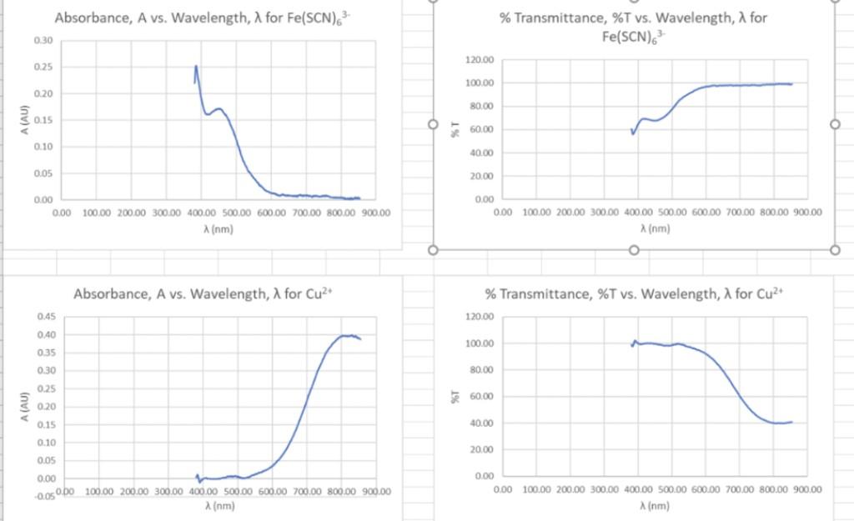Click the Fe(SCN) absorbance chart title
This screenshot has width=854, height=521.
(202, 18)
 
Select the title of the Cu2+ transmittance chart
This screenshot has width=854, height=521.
(635, 294)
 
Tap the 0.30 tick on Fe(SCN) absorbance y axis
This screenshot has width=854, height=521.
(43, 41)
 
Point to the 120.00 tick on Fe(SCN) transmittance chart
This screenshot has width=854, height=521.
(481, 60)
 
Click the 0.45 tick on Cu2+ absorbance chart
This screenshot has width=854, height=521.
(45, 317)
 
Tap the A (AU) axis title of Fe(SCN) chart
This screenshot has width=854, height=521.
(25, 119)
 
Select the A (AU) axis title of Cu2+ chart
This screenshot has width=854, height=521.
(25, 406)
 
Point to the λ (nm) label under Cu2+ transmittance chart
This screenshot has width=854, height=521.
(655, 506)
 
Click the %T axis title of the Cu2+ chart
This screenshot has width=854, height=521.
(455, 397)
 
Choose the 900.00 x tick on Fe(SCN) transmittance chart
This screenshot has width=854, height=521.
(806, 213)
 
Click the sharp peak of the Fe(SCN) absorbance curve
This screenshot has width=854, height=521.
(197, 66)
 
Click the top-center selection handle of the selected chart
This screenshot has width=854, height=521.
(634, 1)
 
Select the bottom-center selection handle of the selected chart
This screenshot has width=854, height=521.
(634, 250)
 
